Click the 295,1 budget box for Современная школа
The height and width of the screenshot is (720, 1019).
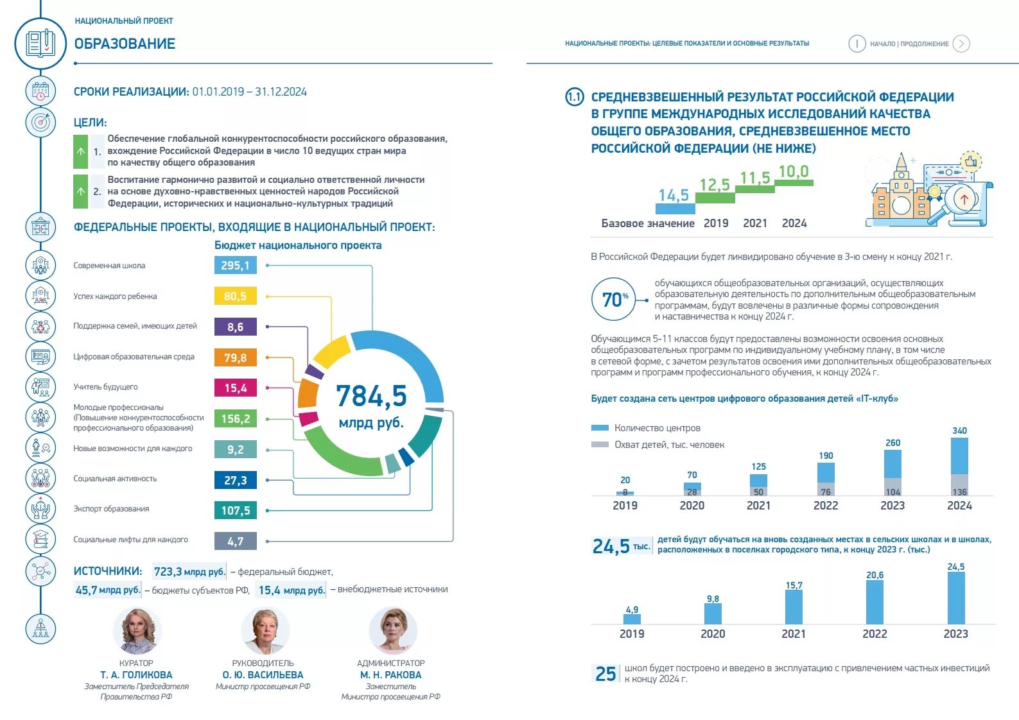(235, 266)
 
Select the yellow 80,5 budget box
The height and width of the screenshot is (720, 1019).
(235, 296)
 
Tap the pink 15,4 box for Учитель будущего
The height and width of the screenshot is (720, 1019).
(235, 388)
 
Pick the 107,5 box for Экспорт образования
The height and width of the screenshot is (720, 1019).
(235, 511)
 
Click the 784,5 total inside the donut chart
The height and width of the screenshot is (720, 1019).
(371, 396)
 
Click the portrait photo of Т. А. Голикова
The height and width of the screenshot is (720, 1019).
(136, 631)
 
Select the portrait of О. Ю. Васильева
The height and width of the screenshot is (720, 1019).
(264, 631)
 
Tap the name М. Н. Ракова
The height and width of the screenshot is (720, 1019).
(390, 675)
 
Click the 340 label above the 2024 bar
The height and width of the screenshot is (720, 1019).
(959, 431)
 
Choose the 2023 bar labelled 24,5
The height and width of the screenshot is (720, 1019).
(955, 597)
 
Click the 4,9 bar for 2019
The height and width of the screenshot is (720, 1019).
(632, 619)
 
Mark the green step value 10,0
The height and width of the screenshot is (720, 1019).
(794, 172)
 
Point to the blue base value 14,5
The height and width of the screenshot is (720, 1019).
(674, 195)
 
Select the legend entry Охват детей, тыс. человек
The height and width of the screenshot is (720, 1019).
(668, 445)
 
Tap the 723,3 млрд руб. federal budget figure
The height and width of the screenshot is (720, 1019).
(189, 571)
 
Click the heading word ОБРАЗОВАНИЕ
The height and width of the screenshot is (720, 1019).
(125, 44)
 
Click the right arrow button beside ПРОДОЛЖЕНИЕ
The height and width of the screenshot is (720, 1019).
(961, 44)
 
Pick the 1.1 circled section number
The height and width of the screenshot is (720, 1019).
(574, 98)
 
